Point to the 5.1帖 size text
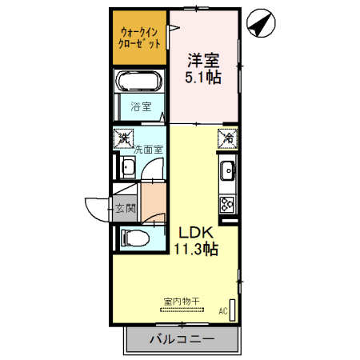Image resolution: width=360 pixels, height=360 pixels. click(205, 78)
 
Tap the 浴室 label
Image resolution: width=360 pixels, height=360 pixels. click(141, 106)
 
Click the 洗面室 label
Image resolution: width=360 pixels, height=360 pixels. click(149, 149)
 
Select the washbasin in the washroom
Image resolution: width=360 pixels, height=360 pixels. click(127, 167)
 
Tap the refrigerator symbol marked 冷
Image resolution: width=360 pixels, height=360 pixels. click(228, 139)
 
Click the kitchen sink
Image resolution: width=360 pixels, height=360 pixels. click(228, 170)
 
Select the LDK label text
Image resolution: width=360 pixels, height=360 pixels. click(195, 232)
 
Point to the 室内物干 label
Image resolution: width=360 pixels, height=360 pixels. click(182, 302)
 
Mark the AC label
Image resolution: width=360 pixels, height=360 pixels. click(223, 311)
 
